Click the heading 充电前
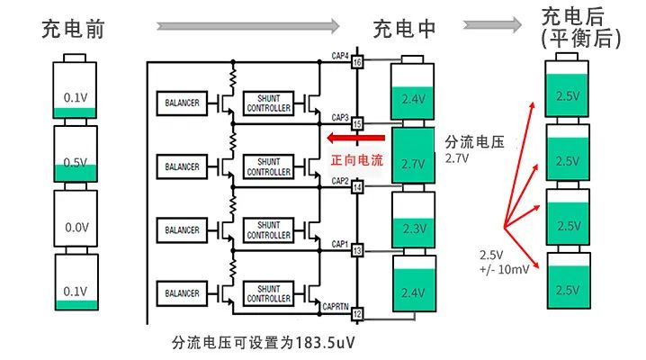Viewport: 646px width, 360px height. coord(74,29)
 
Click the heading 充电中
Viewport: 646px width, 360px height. coord(405,29)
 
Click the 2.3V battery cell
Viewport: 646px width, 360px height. coord(413,221)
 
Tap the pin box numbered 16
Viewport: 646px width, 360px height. coord(357,62)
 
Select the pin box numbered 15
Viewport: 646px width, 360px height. coord(357,123)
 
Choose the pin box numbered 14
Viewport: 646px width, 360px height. coord(357,187)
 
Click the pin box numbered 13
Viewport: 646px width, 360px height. coord(357,249)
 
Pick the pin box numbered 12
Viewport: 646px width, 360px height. coord(357,312)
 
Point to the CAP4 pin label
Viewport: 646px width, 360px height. coord(340,56)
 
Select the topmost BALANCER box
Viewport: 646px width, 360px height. coord(181,103)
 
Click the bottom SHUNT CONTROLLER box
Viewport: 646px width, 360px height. coord(268,292)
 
